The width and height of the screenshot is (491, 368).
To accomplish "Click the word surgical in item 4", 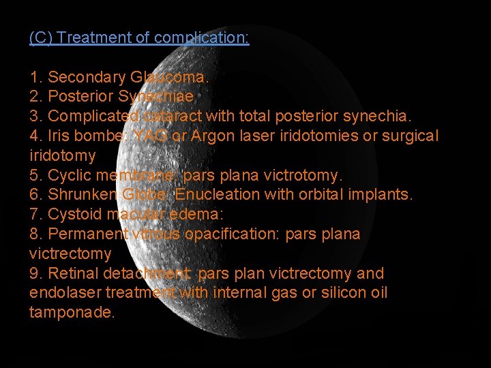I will point(408,136).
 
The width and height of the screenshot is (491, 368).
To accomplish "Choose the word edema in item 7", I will point(198,214).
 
